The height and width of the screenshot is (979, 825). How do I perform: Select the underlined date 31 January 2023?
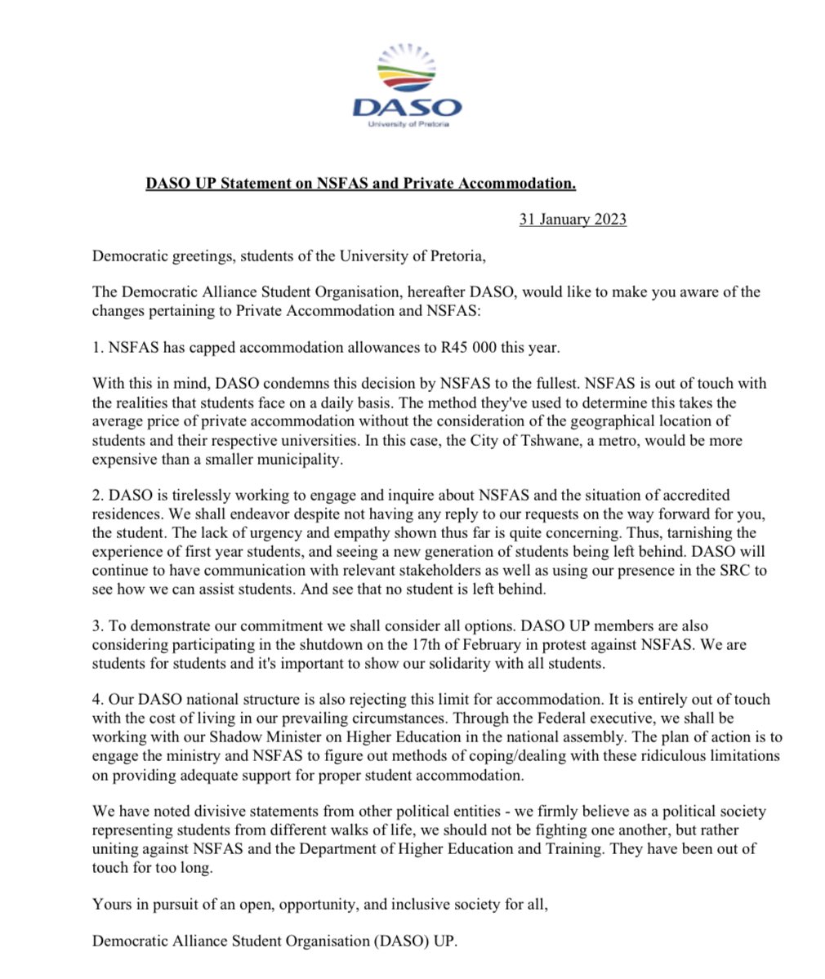[x=573, y=220]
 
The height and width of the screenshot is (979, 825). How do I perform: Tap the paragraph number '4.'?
[x=97, y=700]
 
